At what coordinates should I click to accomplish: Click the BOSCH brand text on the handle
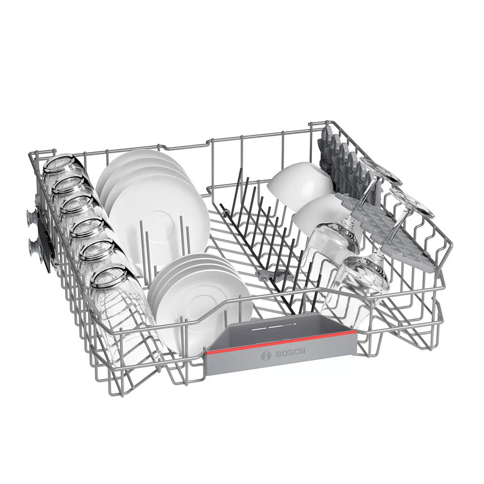click(290, 352)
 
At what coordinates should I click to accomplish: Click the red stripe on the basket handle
click(281, 342)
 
